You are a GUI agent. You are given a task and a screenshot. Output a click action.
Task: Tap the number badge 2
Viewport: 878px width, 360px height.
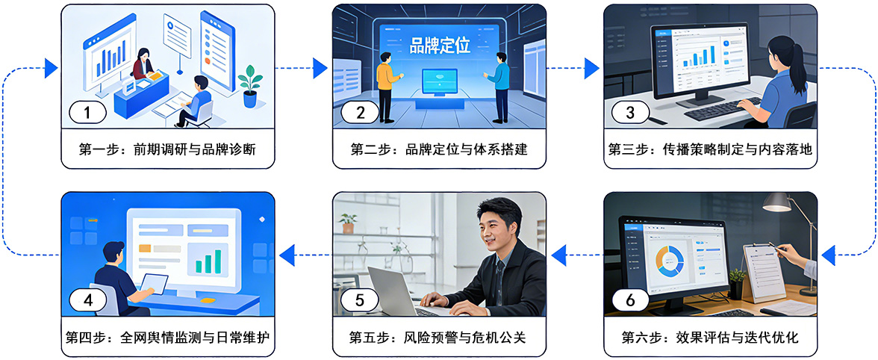(361, 113)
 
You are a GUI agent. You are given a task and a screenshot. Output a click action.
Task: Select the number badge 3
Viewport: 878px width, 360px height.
(630, 113)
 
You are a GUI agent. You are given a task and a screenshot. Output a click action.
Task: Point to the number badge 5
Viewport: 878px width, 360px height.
(361, 300)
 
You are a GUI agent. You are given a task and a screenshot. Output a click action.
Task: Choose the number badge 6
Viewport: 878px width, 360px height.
(630, 300)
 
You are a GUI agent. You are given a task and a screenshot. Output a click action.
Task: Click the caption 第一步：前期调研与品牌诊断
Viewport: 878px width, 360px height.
(167, 149)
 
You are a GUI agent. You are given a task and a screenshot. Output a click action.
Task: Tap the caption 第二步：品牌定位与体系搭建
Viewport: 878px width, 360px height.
(439, 149)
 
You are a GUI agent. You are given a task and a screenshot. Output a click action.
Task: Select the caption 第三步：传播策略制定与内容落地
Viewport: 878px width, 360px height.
(710, 149)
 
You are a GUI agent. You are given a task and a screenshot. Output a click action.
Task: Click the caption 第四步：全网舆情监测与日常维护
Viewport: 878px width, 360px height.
(167, 338)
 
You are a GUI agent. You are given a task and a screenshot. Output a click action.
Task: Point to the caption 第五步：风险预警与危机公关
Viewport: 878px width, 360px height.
(439, 338)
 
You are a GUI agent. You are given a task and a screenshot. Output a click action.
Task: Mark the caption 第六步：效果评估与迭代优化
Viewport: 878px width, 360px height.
(710, 338)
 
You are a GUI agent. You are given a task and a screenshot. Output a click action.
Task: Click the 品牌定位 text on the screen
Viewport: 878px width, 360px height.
(440, 45)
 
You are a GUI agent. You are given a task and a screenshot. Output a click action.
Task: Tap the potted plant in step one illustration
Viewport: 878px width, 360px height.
(250, 86)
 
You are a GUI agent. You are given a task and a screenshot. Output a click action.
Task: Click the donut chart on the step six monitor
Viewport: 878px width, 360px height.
(670, 259)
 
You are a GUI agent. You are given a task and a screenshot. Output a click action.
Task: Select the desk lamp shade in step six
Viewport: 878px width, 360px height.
(776, 202)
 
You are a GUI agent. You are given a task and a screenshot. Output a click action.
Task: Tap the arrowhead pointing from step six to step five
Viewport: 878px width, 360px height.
(559, 258)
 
